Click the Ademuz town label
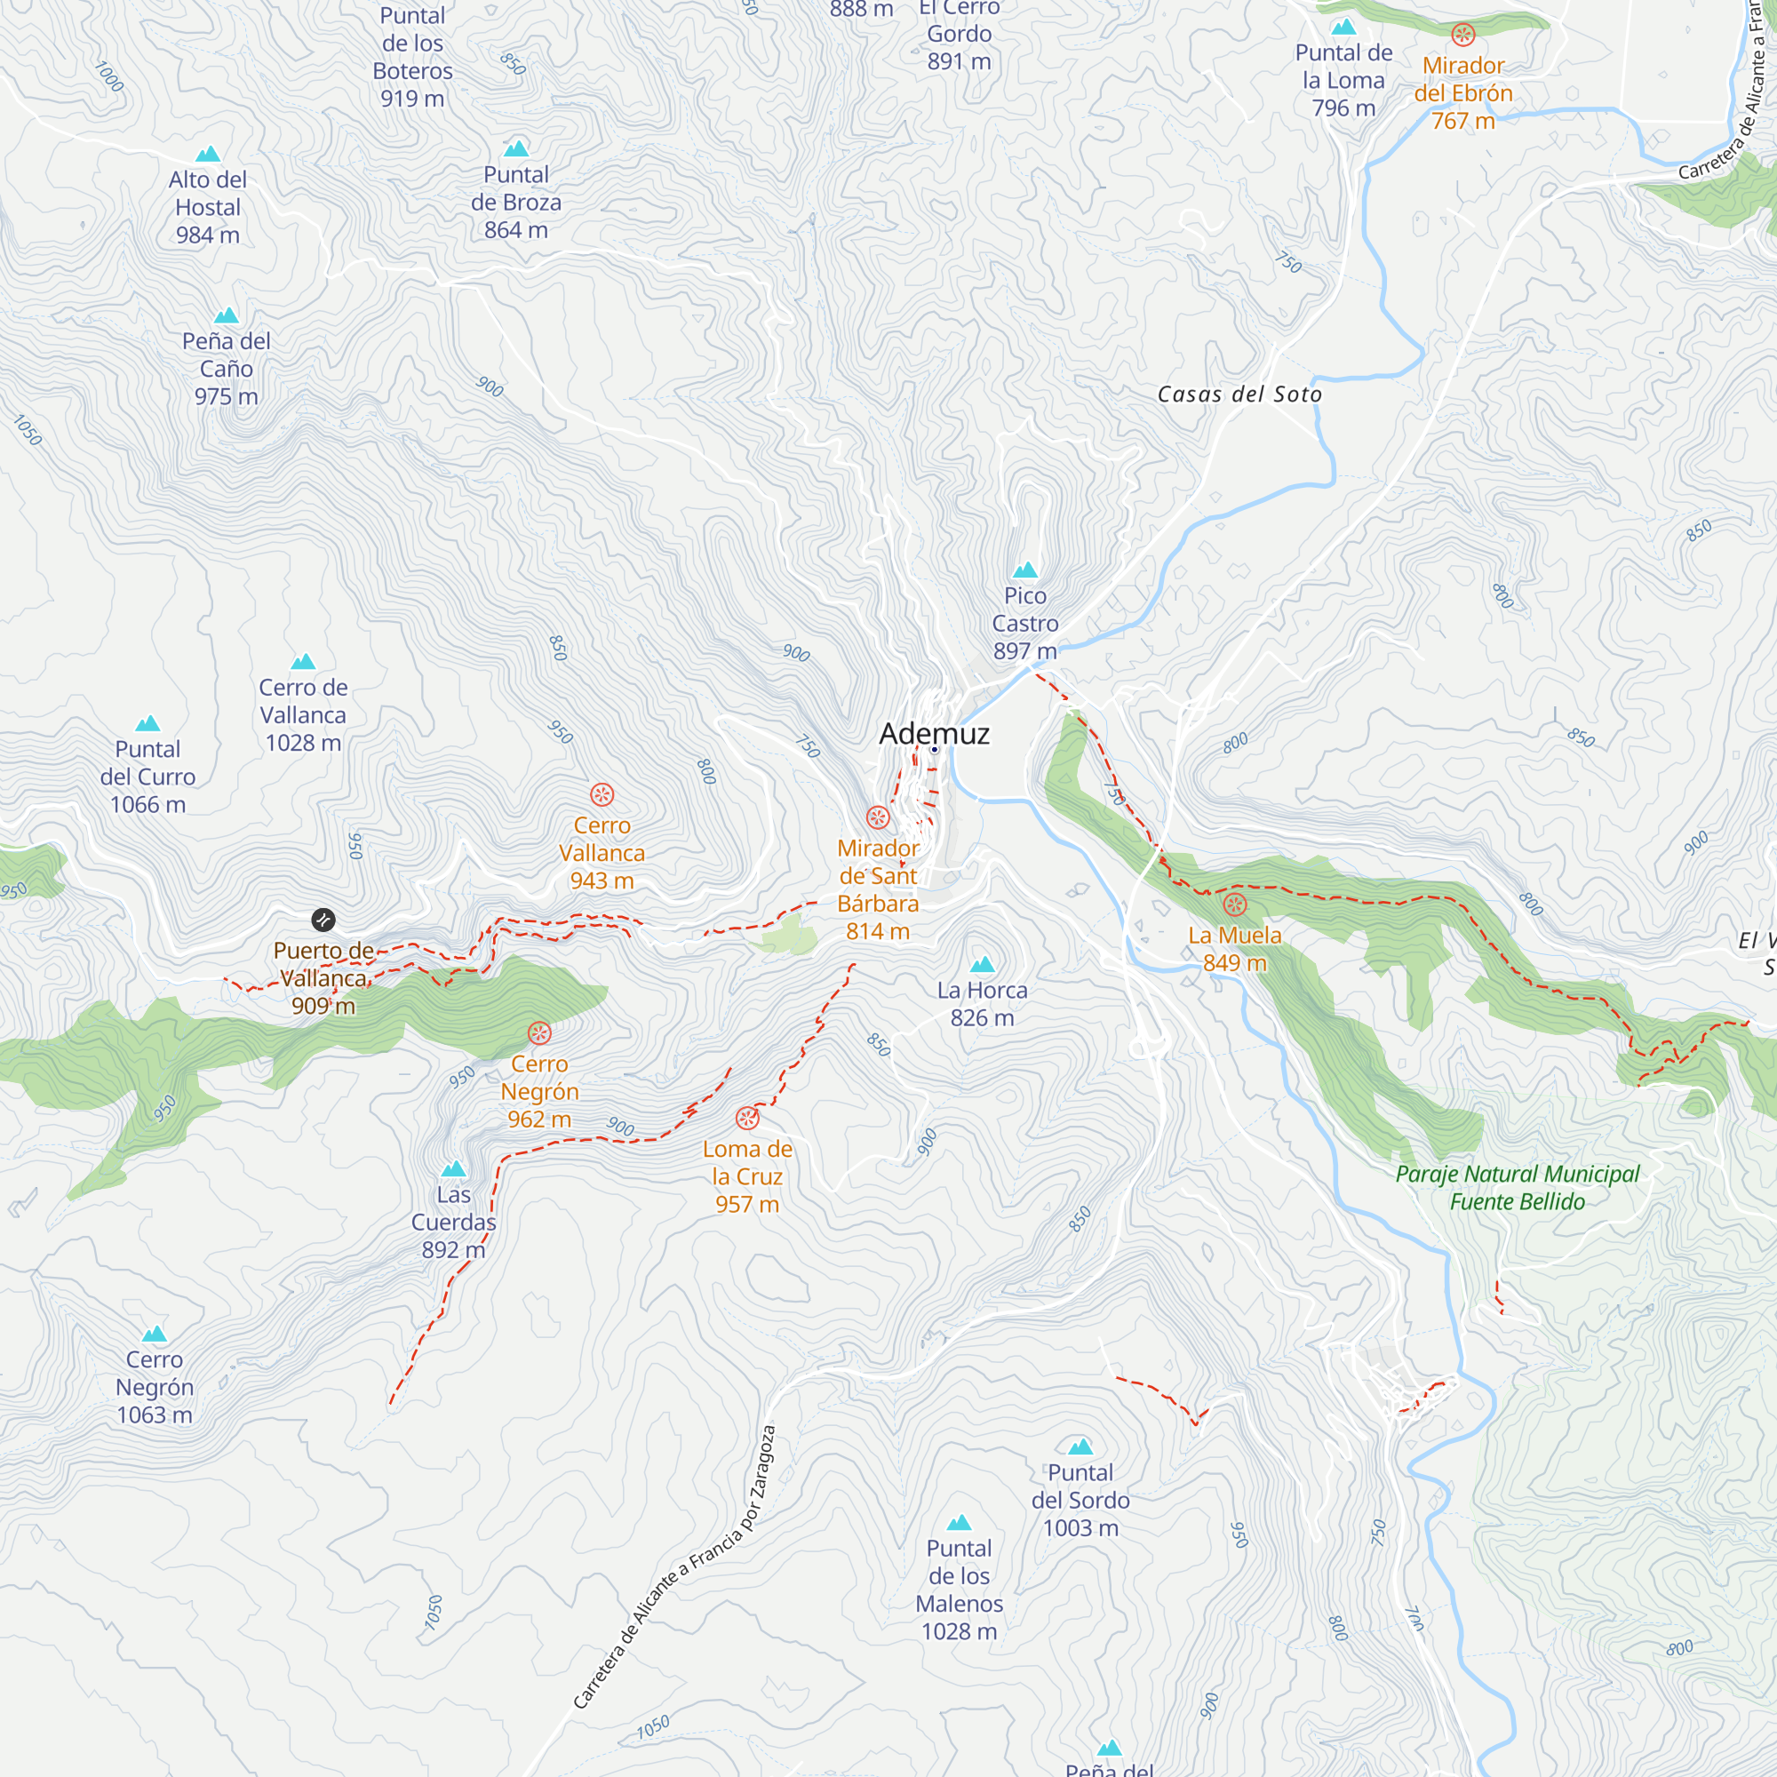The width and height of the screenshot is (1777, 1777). (934, 734)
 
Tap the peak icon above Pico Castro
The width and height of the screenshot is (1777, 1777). (1024, 570)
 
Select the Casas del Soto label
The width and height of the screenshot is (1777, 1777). (1239, 394)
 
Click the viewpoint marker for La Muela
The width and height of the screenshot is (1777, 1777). (1234, 905)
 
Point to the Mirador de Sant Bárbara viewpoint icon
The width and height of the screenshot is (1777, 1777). (878, 817)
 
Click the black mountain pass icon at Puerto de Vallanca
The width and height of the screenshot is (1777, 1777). (323, 920)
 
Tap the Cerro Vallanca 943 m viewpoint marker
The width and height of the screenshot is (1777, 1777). (602, 794)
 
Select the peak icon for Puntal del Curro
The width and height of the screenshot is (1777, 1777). (147, 724)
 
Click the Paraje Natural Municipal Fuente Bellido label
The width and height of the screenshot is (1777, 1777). (1517, 1187)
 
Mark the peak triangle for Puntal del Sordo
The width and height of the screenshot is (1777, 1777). (1080, 1446)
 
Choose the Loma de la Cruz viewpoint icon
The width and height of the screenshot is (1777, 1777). (747, 1119)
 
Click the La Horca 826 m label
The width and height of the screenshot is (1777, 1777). (982, 1003)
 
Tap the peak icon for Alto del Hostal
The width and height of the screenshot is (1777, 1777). (208, 154)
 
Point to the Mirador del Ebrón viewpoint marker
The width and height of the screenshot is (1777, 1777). (1462, 36)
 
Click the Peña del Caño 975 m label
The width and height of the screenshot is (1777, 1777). (227, 369)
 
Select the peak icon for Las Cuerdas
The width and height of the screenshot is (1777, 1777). (453, 1169)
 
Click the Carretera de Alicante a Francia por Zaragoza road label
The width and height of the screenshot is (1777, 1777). (674, 1567)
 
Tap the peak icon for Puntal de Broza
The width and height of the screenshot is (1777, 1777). (516, 149)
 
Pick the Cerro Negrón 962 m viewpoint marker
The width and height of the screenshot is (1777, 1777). (539, 1034)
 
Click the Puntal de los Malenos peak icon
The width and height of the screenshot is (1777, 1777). (959, 1522)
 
